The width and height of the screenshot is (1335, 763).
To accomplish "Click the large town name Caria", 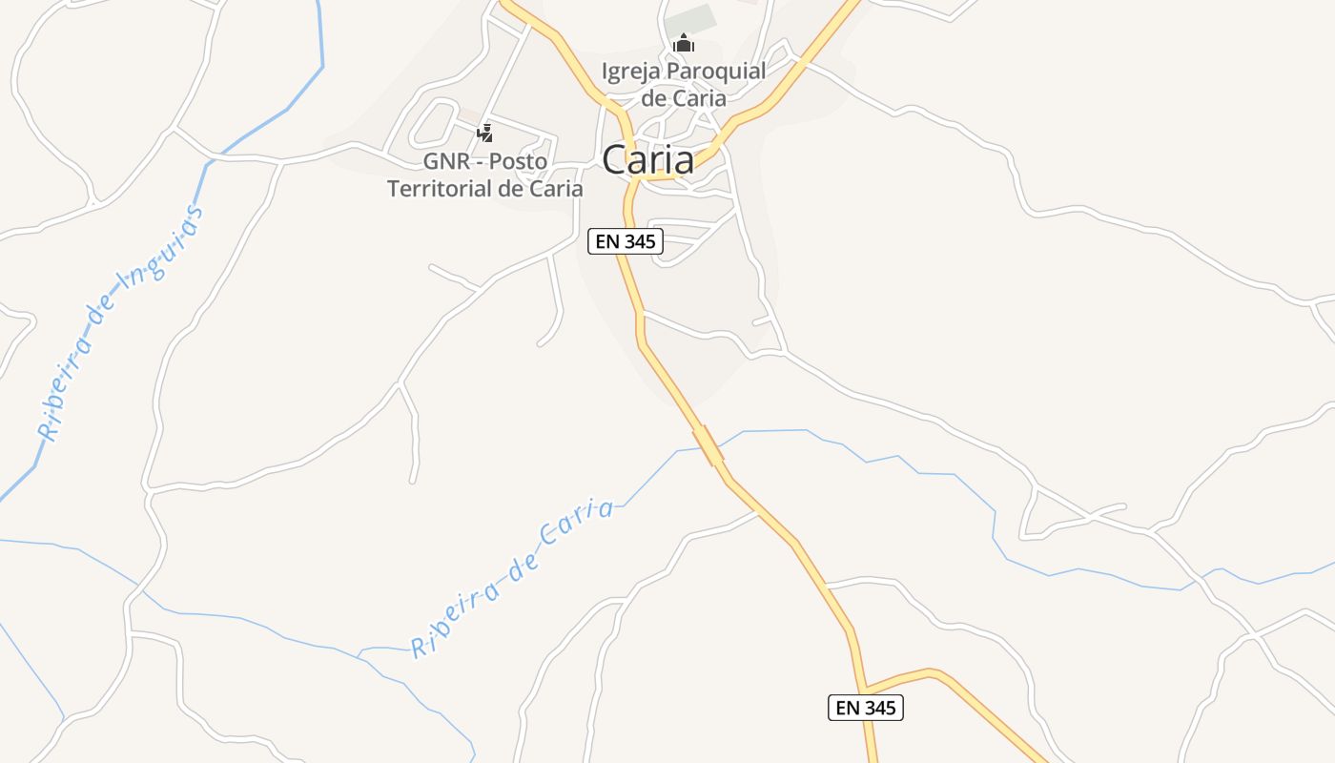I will [x=647, y=159].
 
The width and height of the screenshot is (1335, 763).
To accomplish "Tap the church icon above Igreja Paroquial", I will [x=683, y=44].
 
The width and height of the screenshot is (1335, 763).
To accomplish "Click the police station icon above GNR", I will [x=484, y=134].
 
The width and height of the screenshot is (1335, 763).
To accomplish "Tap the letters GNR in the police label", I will [x=443, y=161].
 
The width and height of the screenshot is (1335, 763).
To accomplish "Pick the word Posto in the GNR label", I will [x=519, y=161].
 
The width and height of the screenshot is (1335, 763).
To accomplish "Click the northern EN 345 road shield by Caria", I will [x=625, y=241].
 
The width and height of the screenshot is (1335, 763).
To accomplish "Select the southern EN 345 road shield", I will [x=865, y=708].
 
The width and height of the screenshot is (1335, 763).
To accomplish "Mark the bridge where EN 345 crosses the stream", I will [x=708, y=444].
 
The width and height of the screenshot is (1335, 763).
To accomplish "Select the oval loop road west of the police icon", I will [x=434, y=122].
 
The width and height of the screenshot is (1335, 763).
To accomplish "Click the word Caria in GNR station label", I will [x=554, y=189].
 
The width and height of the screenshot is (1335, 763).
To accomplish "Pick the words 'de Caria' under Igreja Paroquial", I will [x=683, y=98].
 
